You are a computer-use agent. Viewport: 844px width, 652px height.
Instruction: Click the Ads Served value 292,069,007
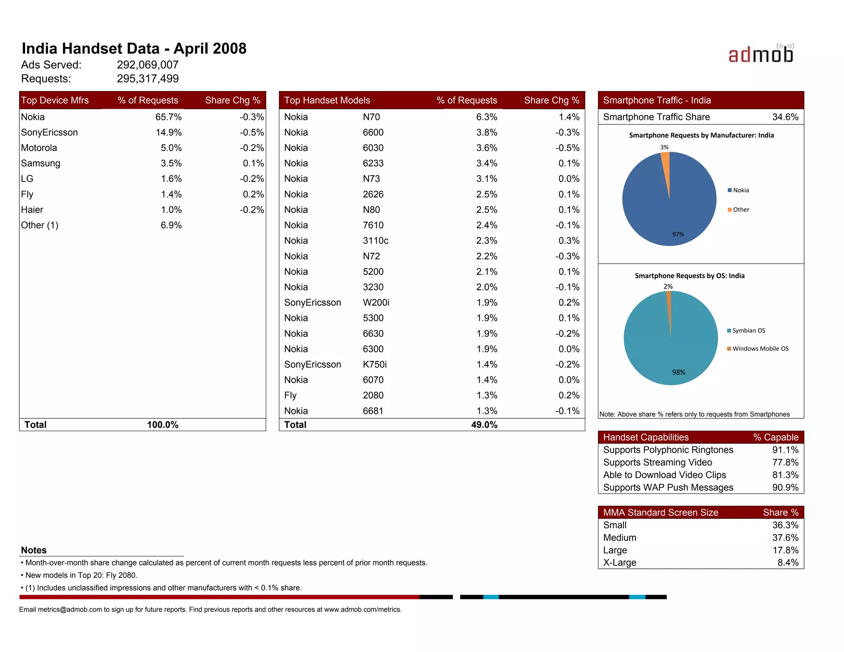tap(148, 65)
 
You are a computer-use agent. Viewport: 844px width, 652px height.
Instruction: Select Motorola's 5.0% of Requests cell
tap(171, 148)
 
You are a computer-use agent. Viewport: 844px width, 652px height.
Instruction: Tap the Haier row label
tap(32, 210)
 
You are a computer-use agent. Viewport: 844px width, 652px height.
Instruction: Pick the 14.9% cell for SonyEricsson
tap(169, 132)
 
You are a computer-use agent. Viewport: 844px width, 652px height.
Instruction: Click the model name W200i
tap(376, 303)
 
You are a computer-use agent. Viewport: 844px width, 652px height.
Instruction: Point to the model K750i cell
tap(375, 364)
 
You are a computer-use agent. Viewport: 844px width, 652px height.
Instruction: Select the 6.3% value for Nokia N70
tap(486, 117)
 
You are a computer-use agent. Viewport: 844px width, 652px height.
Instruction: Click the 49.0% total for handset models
tap(484, 425)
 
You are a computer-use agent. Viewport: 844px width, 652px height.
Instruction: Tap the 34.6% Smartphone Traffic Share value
tap(785, 117)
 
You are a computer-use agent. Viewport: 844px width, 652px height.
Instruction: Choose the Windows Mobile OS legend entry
tap(758, 349)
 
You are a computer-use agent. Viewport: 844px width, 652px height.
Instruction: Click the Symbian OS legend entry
tap(746, 331)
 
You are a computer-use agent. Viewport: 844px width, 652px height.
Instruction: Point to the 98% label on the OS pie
tap(678, 372)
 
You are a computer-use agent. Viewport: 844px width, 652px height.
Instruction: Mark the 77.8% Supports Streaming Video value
tap(785, 462)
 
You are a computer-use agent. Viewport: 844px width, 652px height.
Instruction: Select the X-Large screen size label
tap(619, 563)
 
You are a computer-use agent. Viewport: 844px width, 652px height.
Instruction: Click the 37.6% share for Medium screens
tap(785, 537)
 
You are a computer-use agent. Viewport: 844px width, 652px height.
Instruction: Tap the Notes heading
tap(34, 550)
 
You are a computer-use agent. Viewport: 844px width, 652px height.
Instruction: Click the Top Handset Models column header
tap(327, 100)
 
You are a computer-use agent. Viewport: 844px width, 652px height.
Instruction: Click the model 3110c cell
tap(375, 241)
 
